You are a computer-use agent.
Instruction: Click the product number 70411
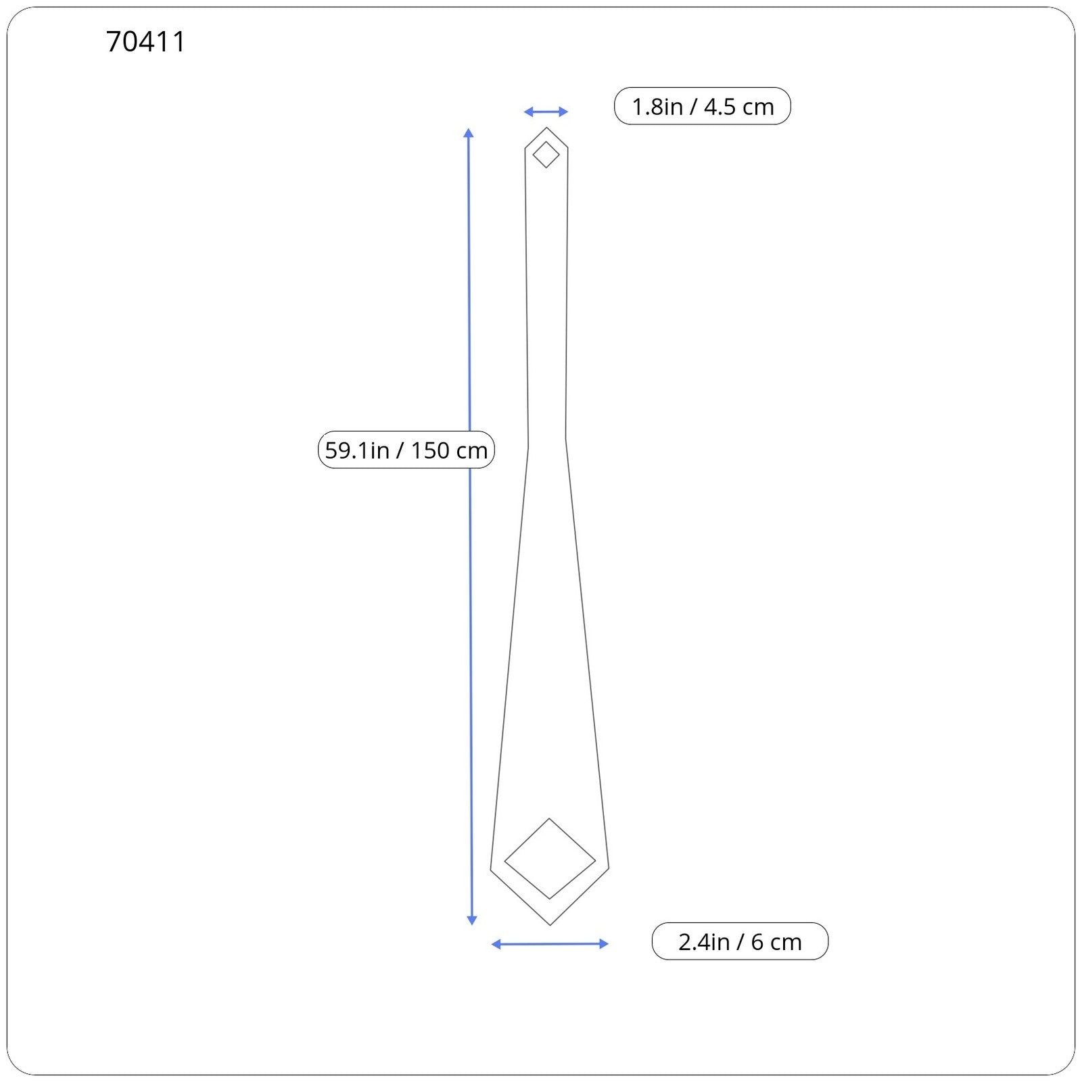[145, 42]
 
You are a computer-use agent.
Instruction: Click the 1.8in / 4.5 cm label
[702, 106]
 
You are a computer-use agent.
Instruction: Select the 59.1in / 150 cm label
[406, 450]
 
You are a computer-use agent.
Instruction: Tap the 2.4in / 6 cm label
[740, 941]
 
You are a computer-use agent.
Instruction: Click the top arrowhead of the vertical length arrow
[469, 133]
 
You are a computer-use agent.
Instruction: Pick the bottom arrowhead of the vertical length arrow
[472, 920]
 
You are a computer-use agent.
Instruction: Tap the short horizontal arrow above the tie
[546, 112]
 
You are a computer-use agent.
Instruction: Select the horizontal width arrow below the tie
[550, 944]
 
